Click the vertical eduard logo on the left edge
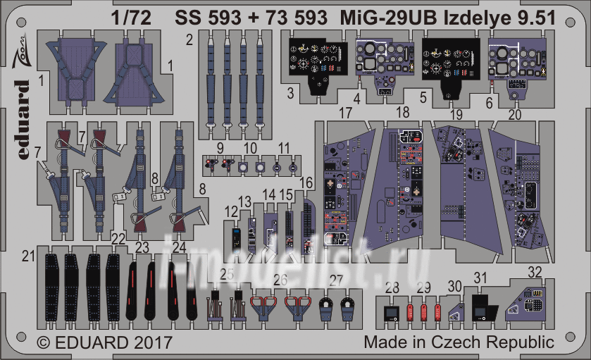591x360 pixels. coord(22,120)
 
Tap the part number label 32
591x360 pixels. coord(535,272)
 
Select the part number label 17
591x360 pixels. coord(344,113)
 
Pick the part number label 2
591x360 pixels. coord(189,39)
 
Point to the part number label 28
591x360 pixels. coord(392,287)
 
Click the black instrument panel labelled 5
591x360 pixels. coord(450,63)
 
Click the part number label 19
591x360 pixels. coord(456,113)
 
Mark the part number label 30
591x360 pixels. coord(455,287)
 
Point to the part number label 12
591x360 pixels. coord(232,211)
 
